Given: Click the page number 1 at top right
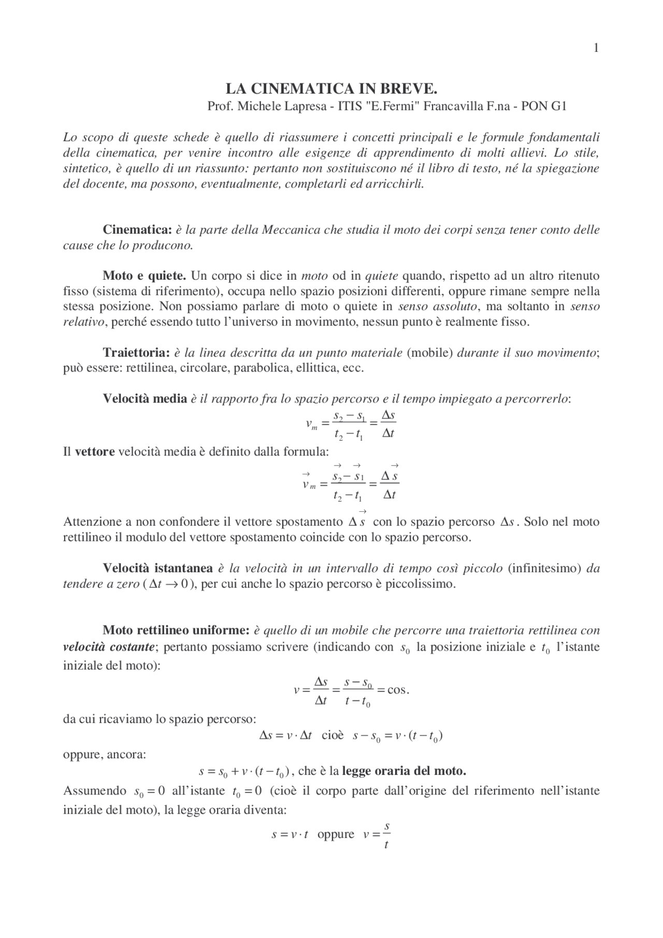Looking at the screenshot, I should (596, 48).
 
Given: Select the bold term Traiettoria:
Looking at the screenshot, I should (136, 353).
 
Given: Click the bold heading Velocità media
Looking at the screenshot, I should (145, 398).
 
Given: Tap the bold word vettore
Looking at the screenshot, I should (95, 451).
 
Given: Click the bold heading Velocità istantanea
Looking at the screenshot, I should (157, 568).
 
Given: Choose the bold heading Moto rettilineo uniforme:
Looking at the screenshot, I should (176, 630).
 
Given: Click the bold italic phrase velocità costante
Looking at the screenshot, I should (108, 646).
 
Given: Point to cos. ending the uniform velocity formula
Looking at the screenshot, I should (398, 690).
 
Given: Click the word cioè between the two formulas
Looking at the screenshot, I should (333, 735).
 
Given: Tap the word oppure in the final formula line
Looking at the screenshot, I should (336, 834).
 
